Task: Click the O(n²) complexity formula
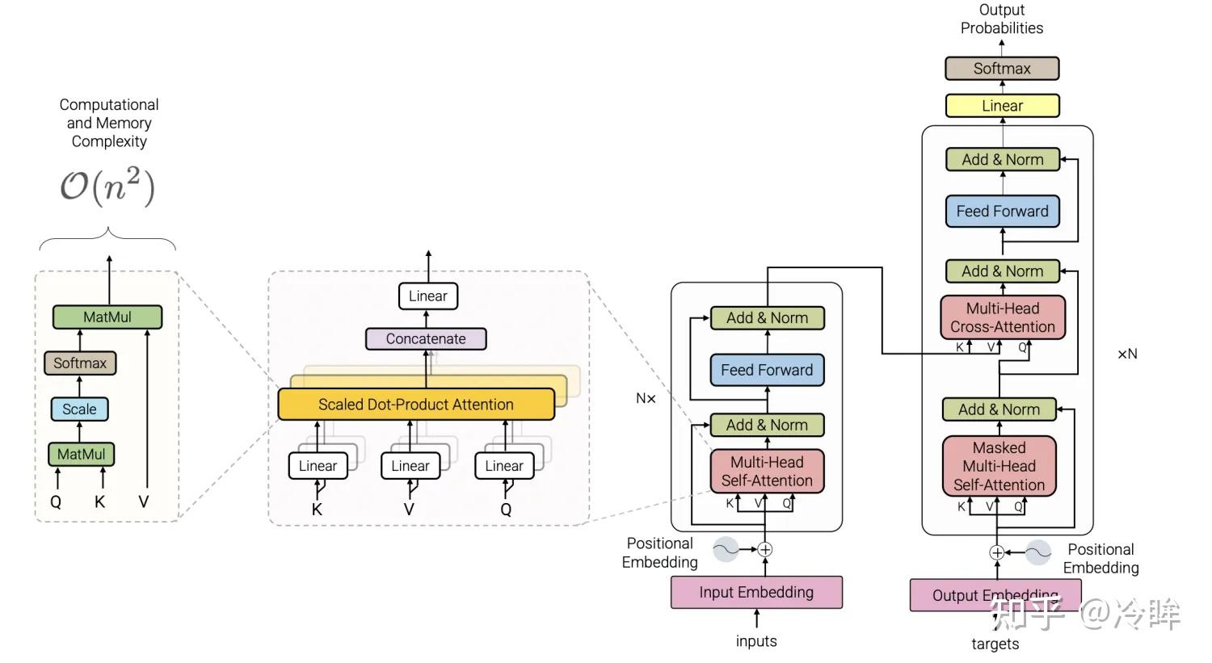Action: click(x=107, y=186)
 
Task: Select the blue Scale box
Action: click(x=79, y=409)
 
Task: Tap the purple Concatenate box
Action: click(x=426, y=339)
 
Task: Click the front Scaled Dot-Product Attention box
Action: click(x=415, y=405)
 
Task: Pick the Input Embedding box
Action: click(x=756, y=593)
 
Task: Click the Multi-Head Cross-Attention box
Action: click(x=1002, y=317)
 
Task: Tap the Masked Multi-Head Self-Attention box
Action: click(x=999, y=466)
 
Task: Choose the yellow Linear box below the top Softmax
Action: click(x=1002, y=106)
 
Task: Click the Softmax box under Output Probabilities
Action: click(x=1002, y=69)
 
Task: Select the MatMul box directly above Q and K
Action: click(x=81, y=455)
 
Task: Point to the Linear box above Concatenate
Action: click(x=427, y=296)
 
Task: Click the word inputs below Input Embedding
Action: click(x=756, y=641)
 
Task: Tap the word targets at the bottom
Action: click(x=995, y=644)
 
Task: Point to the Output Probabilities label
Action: click(x=1002, y=19)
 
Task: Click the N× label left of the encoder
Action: click(x=646, y=398)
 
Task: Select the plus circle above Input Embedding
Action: click(x=764, y=550)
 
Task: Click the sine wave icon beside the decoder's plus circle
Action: click(x=1038, y=552)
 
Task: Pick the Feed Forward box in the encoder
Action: click(x=767, y=371)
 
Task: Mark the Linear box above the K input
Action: click(x=318, y=466)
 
